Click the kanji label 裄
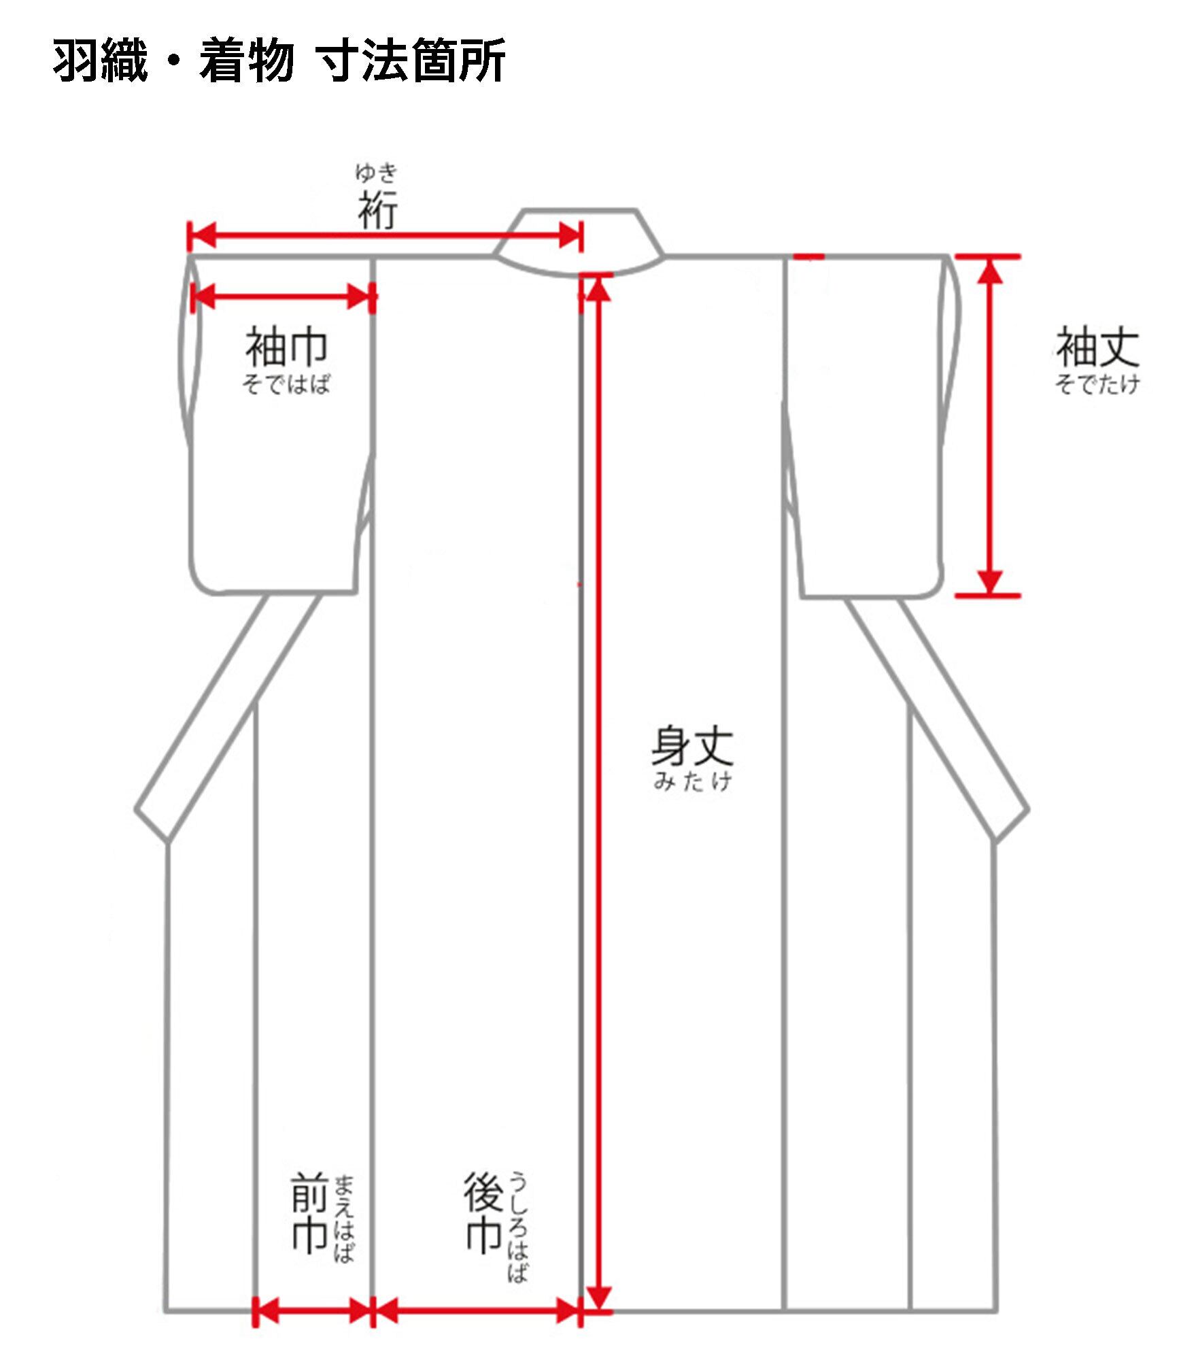point(378,210)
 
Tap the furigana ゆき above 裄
point(376,173)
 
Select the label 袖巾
point(286,347)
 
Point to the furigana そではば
point(286,385)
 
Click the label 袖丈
point(1097,347)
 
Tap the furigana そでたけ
point(1097,385)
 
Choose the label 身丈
point(692,747)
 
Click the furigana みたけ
point(692,781)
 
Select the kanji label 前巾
point(310,1214)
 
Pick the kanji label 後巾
point(484,1214)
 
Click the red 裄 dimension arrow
point(385,237)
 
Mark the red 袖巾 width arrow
point(283,296)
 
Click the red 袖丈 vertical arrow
point(990,426)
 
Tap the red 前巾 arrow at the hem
point(313,1310)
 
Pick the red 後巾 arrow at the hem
point(477,1310)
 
